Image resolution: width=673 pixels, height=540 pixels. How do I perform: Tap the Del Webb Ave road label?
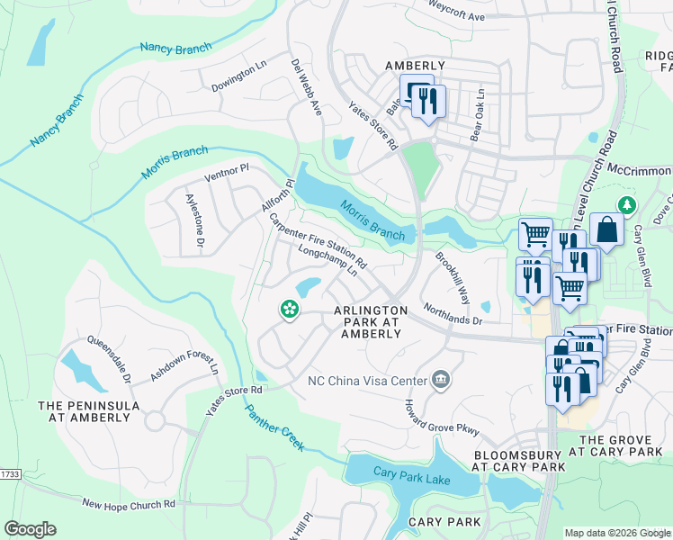pyautogui.click(x=306, y=88)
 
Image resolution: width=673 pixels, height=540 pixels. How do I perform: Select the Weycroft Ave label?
pyautogui.click(x=457, y=17)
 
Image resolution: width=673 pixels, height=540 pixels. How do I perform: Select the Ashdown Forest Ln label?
pyautogui.click(x=184, y=368)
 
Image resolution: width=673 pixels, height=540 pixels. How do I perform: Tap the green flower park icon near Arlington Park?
pyautogui.click(x=289, y=310)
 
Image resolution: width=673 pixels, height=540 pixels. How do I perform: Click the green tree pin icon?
pyautogui.click(x=624, y=206)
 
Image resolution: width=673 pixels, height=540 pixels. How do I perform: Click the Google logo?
pyautogui.click(x=31, y=529)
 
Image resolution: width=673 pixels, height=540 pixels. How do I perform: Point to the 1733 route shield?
pyautogui.click(x=9, y=473)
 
